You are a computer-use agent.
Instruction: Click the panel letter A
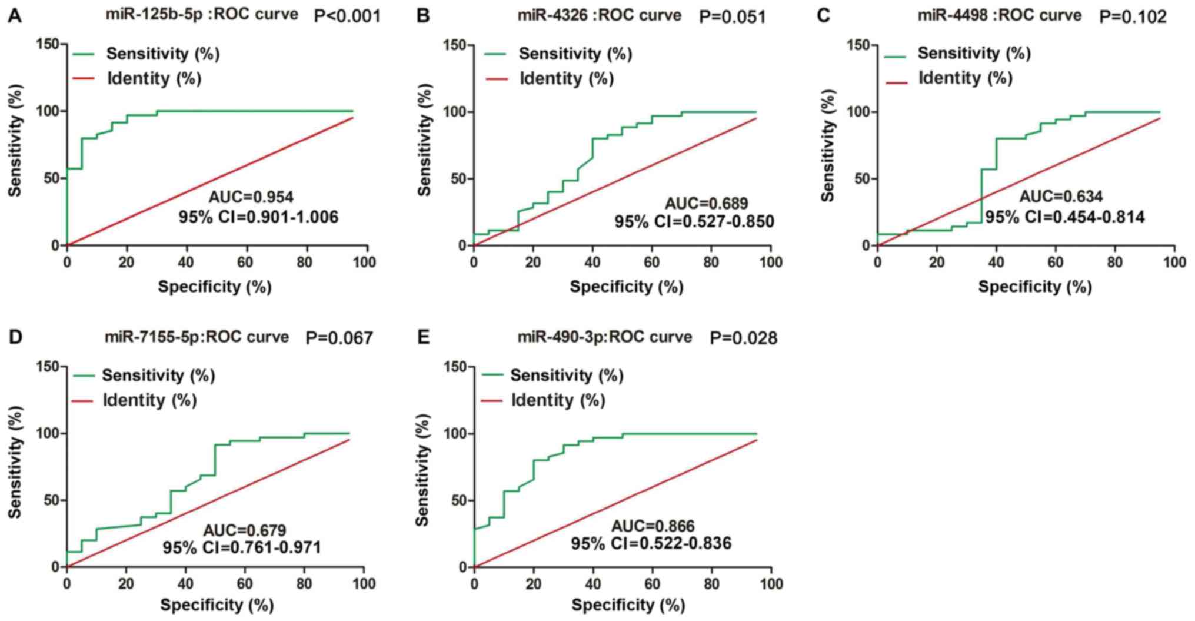[15, 16]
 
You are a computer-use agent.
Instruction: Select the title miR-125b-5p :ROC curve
[201, 14]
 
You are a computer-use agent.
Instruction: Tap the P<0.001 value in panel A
[347, 16]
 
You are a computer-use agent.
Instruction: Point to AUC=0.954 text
[251, 197]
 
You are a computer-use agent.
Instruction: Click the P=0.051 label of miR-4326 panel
[733, 17]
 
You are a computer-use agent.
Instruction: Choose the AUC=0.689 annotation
[707, 204]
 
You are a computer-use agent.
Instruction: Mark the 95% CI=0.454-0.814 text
[1065, 217]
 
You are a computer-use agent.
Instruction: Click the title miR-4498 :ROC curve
[999, 15]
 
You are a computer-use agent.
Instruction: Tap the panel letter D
[15, 337]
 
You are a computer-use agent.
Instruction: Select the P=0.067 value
[339, 338]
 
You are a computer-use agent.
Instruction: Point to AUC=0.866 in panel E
[653, 526]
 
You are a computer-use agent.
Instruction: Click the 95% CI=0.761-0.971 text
[242, 547]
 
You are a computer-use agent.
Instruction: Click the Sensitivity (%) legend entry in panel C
[974, 54]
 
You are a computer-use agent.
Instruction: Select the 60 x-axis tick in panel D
[245, 584]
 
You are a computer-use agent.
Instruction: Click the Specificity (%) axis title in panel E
[628, 605]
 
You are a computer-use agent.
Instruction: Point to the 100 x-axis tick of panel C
[1174, 262]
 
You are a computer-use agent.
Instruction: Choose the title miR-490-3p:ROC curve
[604, 337]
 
